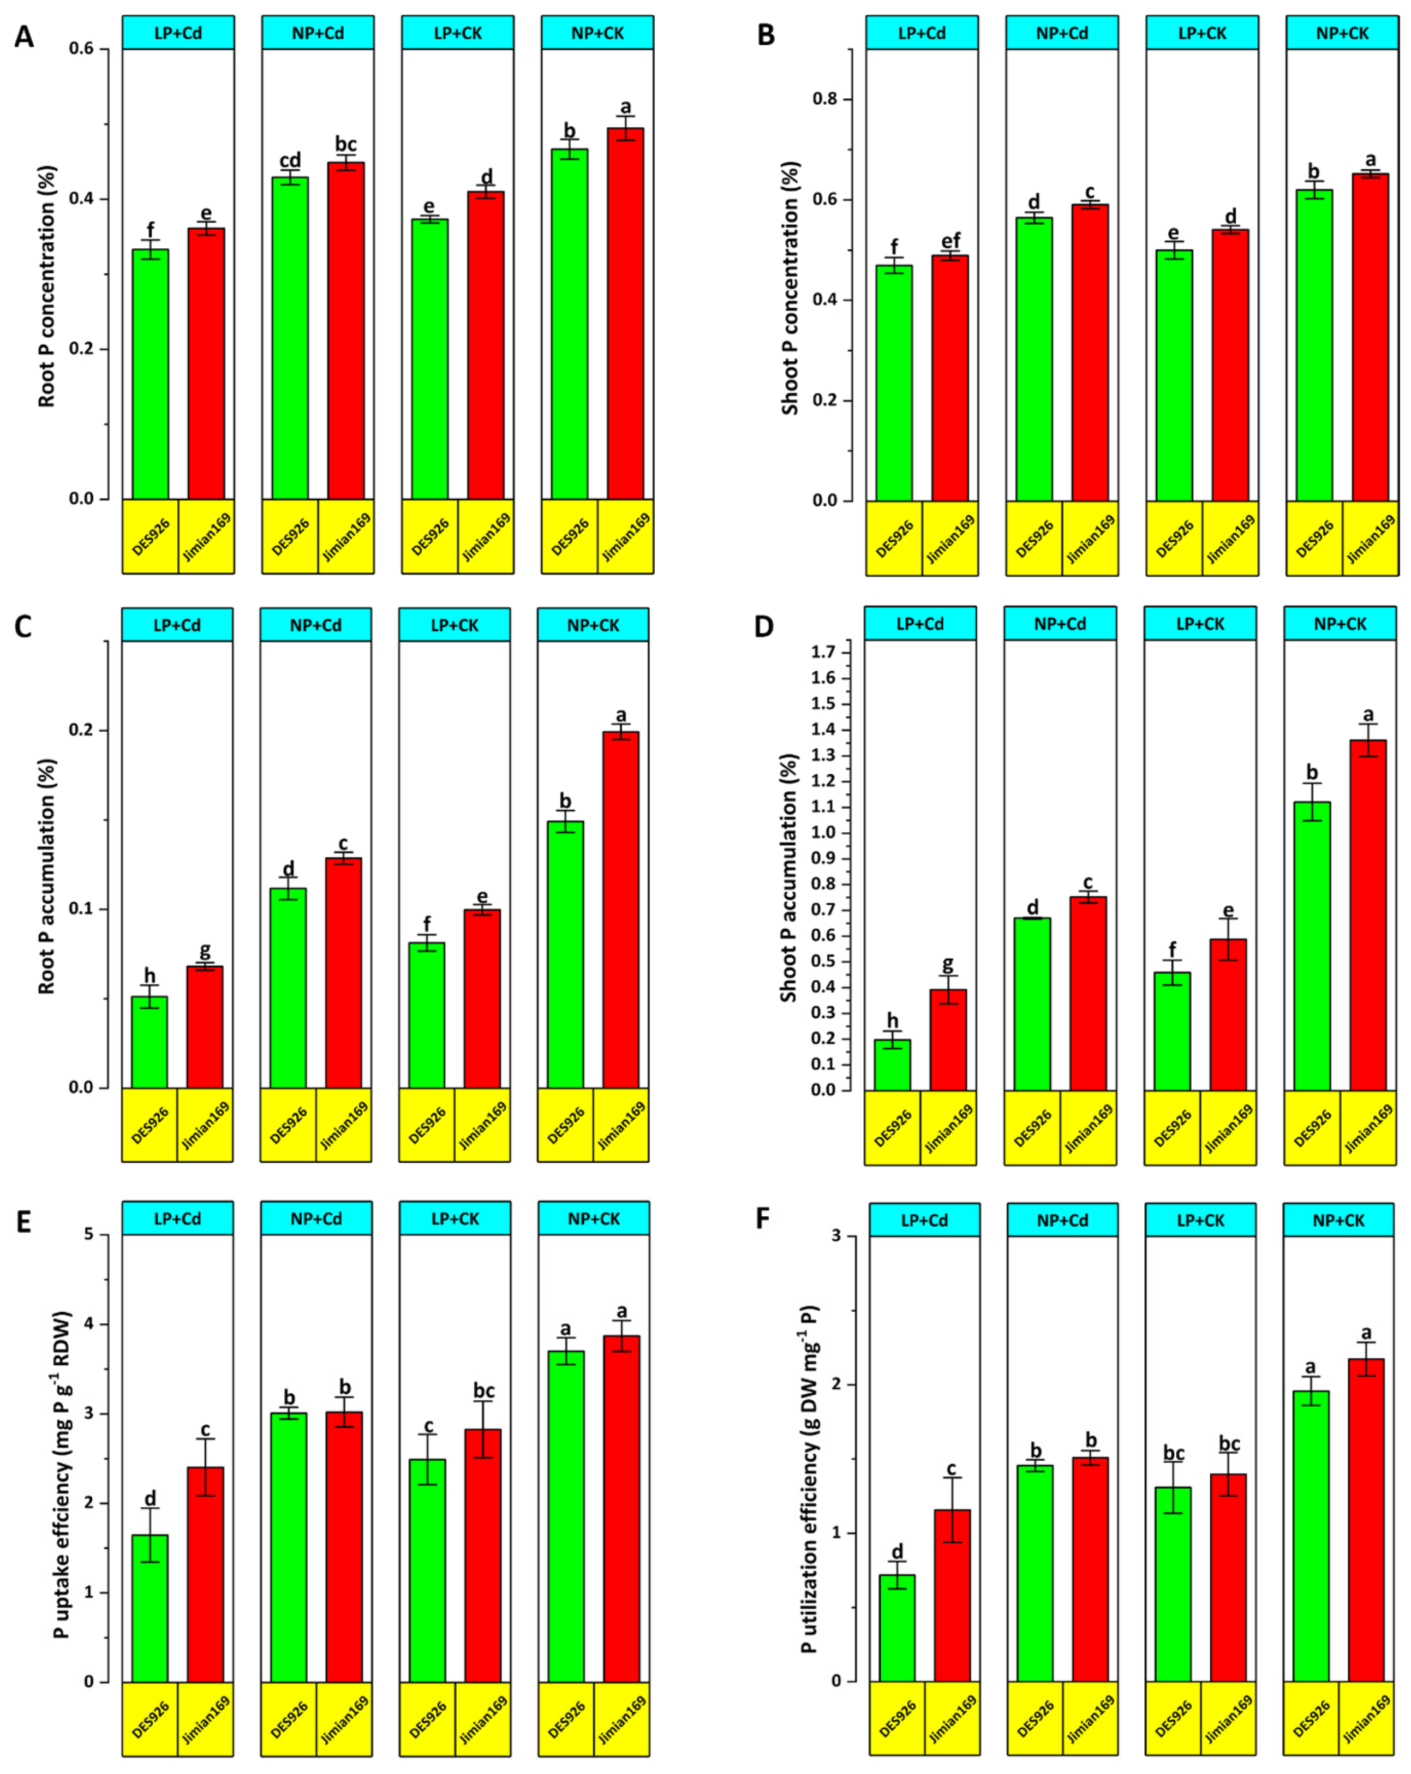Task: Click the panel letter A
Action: pyautogui.click(x=24, y=37)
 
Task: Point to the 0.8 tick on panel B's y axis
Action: pyautogui.click(x=825, y=99)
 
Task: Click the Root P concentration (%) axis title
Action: pyautogui.click(x=47, y=286)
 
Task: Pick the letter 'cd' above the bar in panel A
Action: pyautogui.click(x=290, y=160)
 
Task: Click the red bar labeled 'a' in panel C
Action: pyautogui.click(x=620, y=909)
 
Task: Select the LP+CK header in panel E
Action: pyautogui.click(x=455, y=1218)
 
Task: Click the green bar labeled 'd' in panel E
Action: pyautogui.click(x=150, y=1608)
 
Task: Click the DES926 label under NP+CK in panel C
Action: pyautogui.click(x=565, y=1125)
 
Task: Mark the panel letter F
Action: pyautogui.click(x=763, y=1218)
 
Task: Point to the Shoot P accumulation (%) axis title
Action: pyautogui.click(x=788, y=877)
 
